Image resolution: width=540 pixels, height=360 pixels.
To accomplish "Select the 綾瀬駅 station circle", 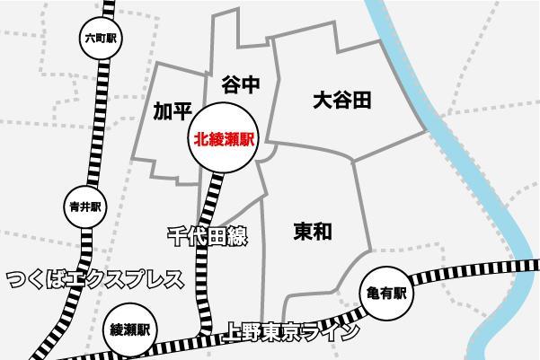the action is (129, 328).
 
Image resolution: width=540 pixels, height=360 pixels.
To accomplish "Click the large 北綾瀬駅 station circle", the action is (221, 140).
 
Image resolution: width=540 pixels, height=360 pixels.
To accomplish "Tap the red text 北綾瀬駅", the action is (221, 140).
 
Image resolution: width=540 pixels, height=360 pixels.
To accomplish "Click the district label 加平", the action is (173, 110).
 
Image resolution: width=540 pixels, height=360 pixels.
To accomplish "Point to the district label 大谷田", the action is (341, 100).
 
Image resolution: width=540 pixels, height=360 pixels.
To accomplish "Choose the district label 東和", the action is (313, 232).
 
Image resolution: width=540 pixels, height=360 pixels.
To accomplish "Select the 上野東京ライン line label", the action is (291, 331).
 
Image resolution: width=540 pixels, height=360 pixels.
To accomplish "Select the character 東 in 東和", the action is (303, 232).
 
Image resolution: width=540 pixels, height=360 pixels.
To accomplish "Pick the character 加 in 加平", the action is (163, 110).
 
